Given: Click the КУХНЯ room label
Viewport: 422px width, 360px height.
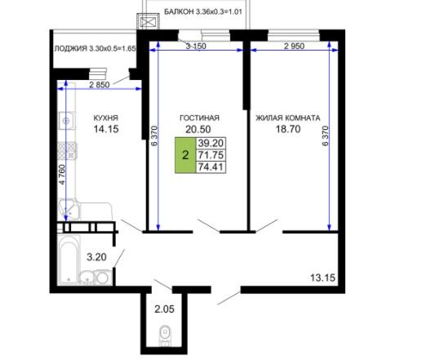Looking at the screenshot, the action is [106, 118].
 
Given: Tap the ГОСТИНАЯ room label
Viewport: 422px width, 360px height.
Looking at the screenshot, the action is [199, 118].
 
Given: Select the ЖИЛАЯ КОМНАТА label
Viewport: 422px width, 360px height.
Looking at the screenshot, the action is [288, 118].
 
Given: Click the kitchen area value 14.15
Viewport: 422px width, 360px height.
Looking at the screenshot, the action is [106, 129].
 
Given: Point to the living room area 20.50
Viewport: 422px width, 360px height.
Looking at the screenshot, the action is [198, 129].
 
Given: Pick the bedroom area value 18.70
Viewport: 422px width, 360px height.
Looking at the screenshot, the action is [288, 129].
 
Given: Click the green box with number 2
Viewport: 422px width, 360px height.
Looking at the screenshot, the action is [185, 155].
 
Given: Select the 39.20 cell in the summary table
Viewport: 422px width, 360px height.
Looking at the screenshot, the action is [211, 143].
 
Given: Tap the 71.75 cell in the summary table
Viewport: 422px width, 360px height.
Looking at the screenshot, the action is [211, 155].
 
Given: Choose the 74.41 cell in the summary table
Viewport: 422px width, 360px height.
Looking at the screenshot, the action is [211, 167].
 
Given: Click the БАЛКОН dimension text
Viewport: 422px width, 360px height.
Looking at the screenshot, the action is [203, 11].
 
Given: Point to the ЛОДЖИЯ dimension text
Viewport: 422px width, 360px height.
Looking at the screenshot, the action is [95, 49].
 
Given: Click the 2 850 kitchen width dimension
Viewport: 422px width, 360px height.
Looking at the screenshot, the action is [100, 85].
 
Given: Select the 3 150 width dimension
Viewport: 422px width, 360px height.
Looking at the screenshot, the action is [196, 46].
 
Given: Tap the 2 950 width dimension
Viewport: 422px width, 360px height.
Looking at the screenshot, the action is [294, 46].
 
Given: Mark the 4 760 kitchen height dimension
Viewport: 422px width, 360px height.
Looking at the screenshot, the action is [62, 175].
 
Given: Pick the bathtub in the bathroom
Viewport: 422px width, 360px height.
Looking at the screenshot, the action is [69, 260].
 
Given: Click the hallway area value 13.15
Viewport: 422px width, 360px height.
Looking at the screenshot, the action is [322, 278].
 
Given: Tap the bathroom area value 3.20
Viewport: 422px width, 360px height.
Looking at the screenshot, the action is [96, 257].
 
